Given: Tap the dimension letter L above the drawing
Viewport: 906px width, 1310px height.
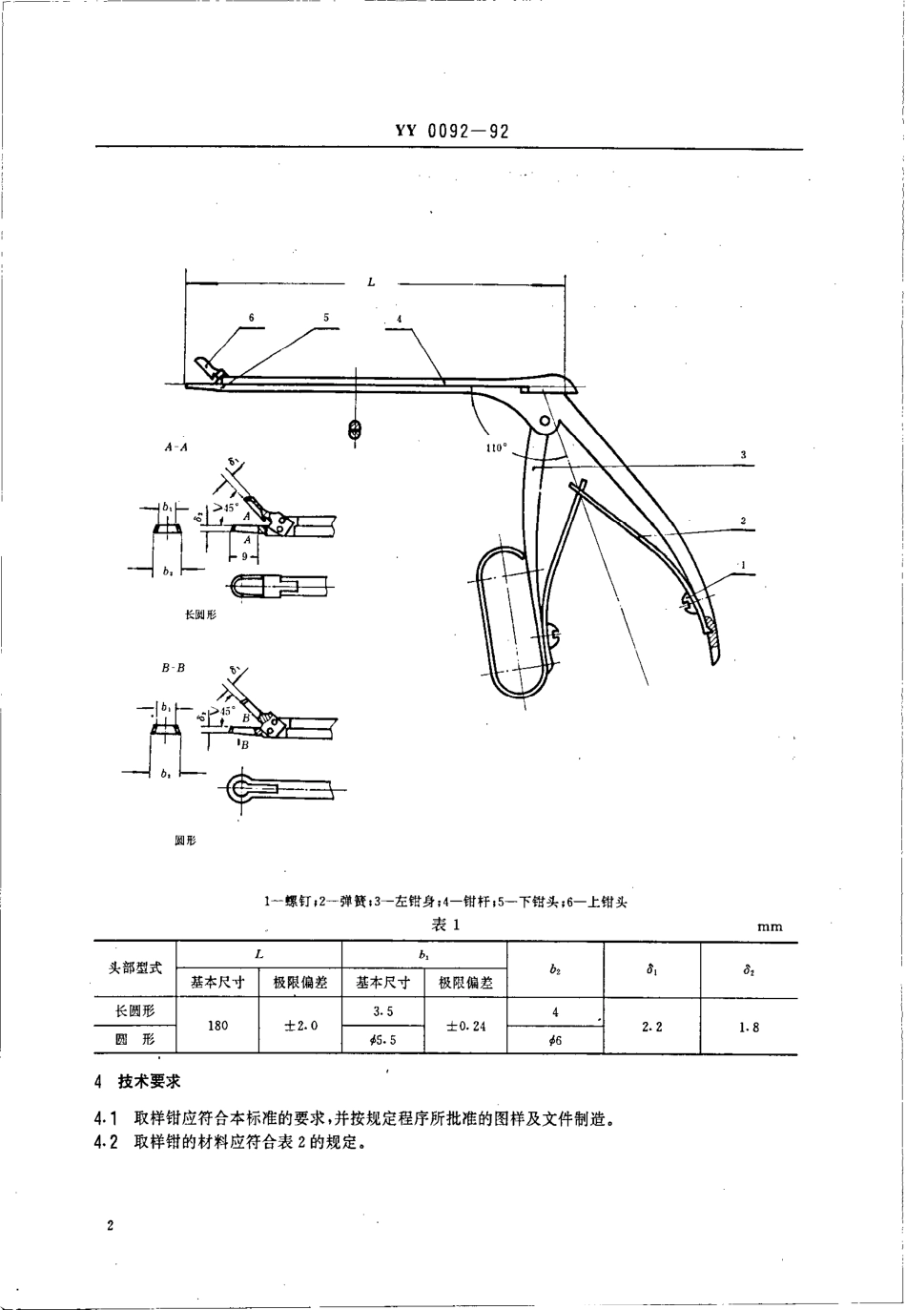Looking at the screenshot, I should pyautogui.click(x=371, y=281).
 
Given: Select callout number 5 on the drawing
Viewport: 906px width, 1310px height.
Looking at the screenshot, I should pyautogui.click(x=325, y=317).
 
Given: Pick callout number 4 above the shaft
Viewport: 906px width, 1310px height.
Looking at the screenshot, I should pyautogui.click(x=400, y=317).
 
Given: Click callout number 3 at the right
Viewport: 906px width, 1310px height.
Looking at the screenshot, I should pyautogui.click(x=743, y=455).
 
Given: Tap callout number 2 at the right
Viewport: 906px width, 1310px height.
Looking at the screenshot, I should pyautogui.click(x=743, y=521).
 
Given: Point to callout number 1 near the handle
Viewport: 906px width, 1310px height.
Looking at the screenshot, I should pyautogui.click(x=743, y=564).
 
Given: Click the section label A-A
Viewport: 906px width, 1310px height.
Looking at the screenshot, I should pyautogui.click(x=176, y=446).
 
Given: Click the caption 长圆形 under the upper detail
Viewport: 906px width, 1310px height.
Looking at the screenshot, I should pyautogui.click(x=200, y=615).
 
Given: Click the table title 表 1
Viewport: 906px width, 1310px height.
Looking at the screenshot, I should pyautogui.click(x=446, y=924).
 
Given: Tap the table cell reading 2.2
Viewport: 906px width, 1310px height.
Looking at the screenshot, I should pyautogui.click(x=653, y=1027).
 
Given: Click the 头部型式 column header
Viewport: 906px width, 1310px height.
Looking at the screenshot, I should pyautogui.click(x=135, y=967).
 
